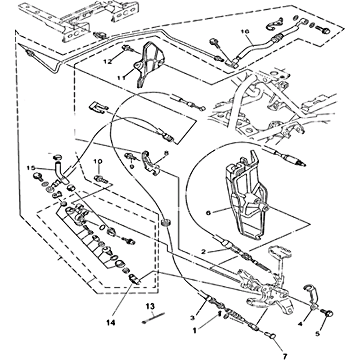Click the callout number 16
[x=245, y=31]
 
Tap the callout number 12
[x=107, y=61]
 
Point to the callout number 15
[x=30, y=168]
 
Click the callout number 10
[x=98, y=161]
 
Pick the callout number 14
[x=111, y=322]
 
